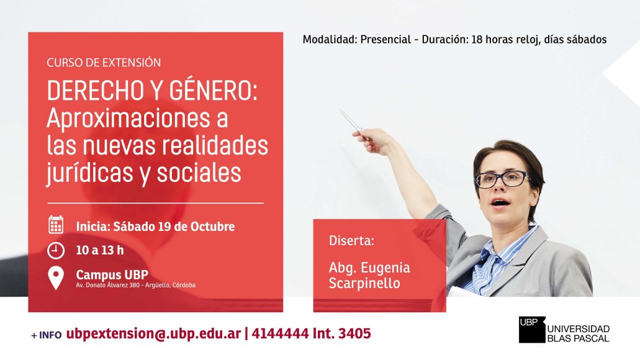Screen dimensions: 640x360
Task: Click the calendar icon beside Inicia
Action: (x=56, y=225)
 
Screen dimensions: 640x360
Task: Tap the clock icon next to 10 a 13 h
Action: (x=56, y=250)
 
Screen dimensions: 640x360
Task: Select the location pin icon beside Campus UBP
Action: (x=56, y=278)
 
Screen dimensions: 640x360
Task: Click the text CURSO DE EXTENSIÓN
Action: (x=104, y=63)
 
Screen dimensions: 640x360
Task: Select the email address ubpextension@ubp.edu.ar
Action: (x=153, y=334)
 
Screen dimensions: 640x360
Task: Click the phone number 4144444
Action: (x=280, y=333)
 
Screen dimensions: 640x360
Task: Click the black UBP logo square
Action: (x=532, y=330)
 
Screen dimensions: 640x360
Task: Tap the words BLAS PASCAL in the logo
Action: (x=578, y=338)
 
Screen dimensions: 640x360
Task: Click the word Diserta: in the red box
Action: (x=351, y=240)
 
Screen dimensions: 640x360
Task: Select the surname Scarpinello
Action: (x=364, y=283)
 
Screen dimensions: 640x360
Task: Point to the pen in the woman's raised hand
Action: (x=350, y=121)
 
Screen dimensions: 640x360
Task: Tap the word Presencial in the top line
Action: (x=385, y=39)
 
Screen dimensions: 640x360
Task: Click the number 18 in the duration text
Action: (x=477, y=39)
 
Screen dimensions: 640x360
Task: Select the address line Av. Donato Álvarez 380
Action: (x=108, y=285)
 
